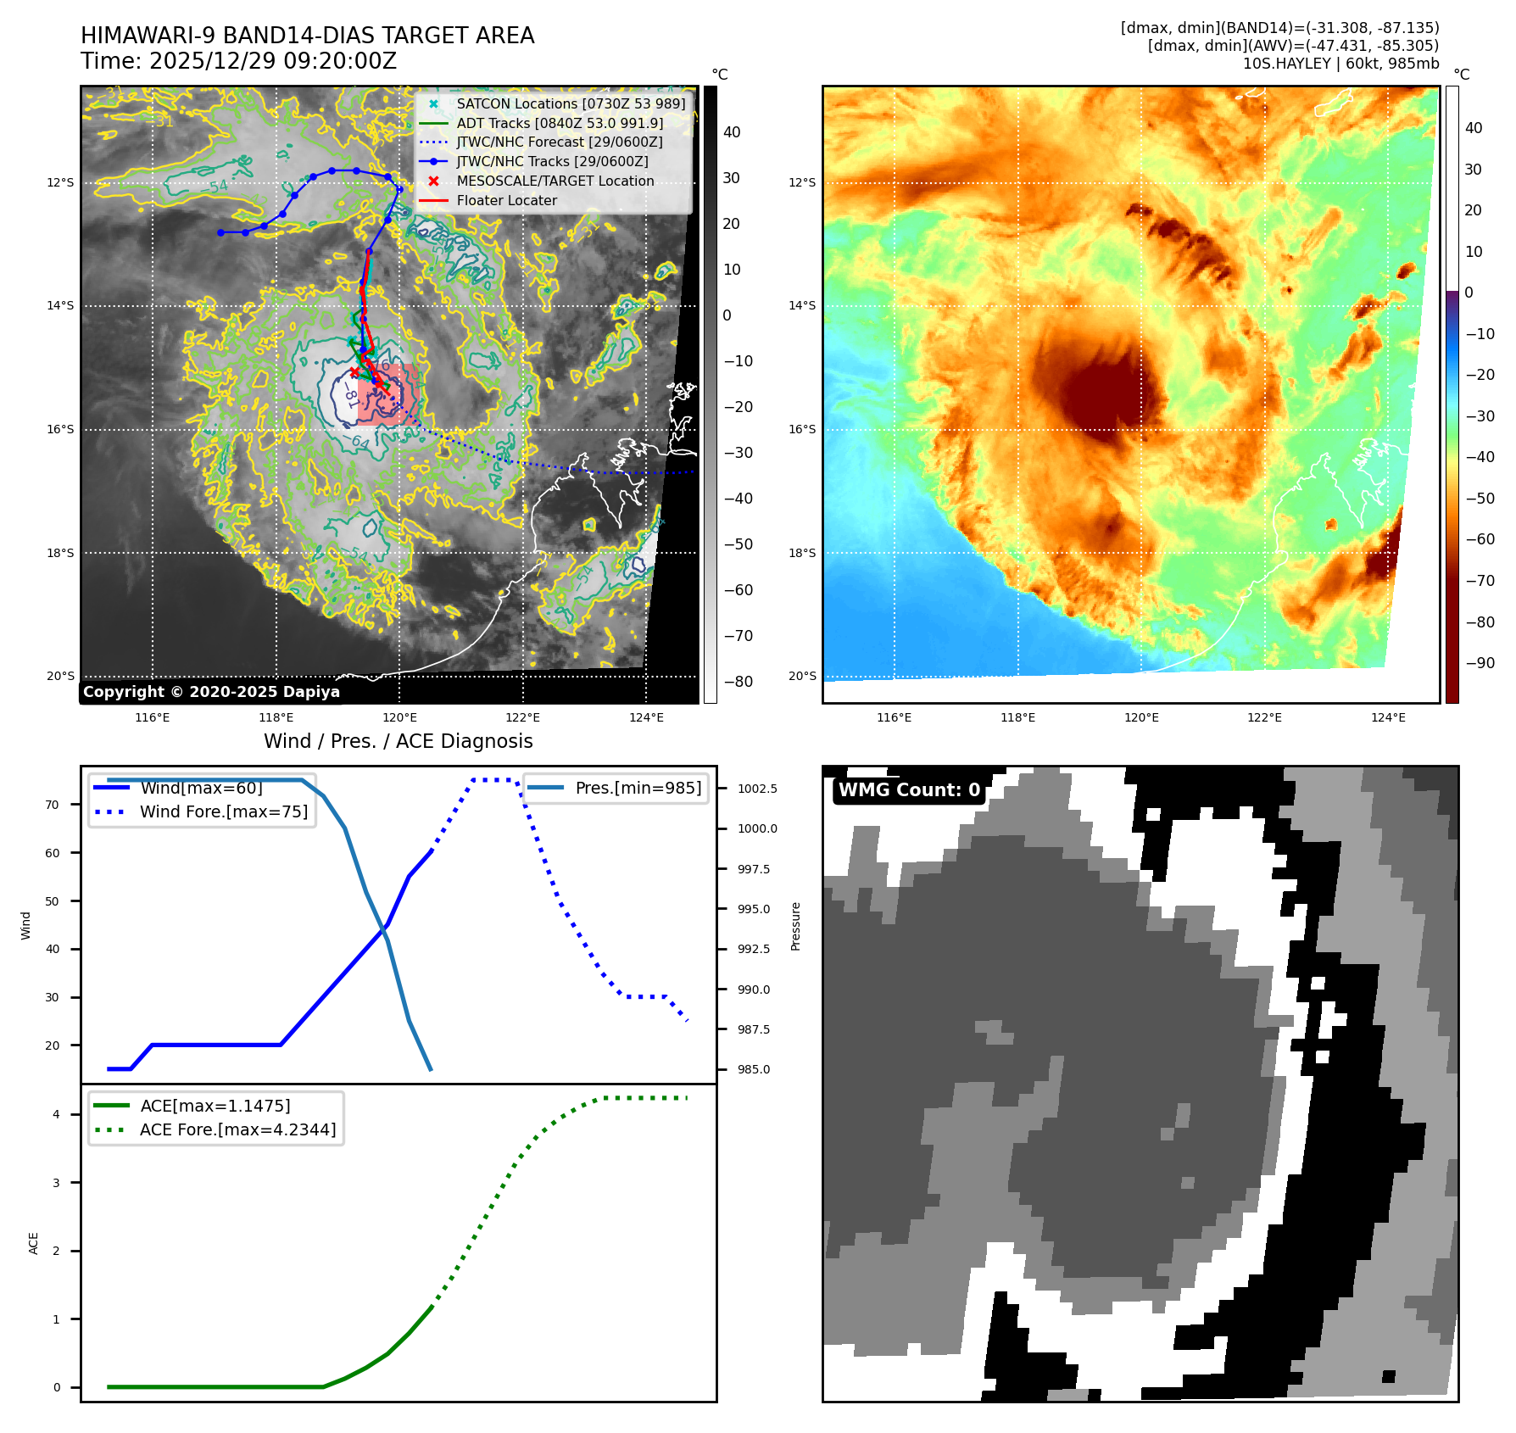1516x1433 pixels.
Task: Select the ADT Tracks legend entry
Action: point(560,123)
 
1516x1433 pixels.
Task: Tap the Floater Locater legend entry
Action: point(506,200)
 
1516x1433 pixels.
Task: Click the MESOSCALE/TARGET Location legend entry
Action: point(555,181)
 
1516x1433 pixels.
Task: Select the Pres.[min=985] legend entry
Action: point(638,788)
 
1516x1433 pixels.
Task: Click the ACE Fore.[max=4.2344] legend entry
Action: point(237,1129)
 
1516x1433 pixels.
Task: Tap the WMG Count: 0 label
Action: point(909,789)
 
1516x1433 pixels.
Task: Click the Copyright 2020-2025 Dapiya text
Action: point(211,691)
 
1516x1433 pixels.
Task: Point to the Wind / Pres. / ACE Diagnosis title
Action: point(398,741)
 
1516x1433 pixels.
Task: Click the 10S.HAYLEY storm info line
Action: point(1340,64)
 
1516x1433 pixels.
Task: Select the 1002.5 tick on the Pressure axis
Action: point(757,789)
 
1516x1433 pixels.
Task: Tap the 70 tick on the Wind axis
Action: point(53,805)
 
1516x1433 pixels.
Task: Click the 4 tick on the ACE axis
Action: point(57,1114)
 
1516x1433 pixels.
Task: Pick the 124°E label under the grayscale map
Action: point(646,717)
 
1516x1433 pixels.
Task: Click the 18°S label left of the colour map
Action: point(802,553)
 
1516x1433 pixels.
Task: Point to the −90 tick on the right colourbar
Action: point(1480,663)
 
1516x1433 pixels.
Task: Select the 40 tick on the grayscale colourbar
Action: point(731,132)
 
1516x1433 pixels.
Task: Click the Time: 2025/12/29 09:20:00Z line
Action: point(238,61)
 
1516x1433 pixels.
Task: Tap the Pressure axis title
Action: point(795,926)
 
